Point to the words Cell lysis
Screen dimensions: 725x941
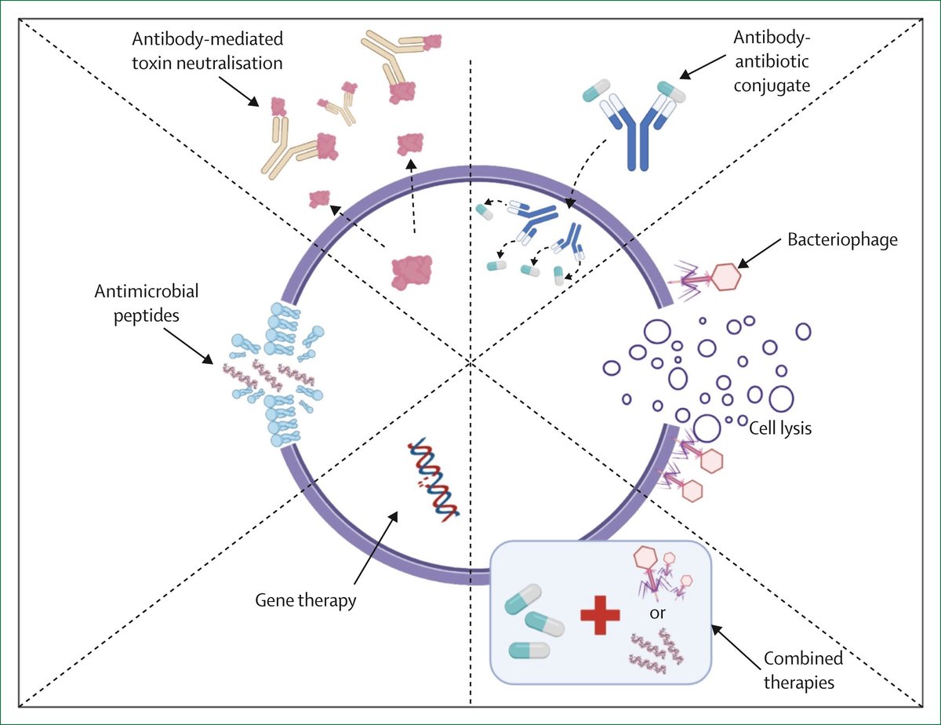pyautogui.click(x=779, y=428)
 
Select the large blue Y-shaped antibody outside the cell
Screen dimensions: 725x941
pyautogui.click(x=636, y=125)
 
